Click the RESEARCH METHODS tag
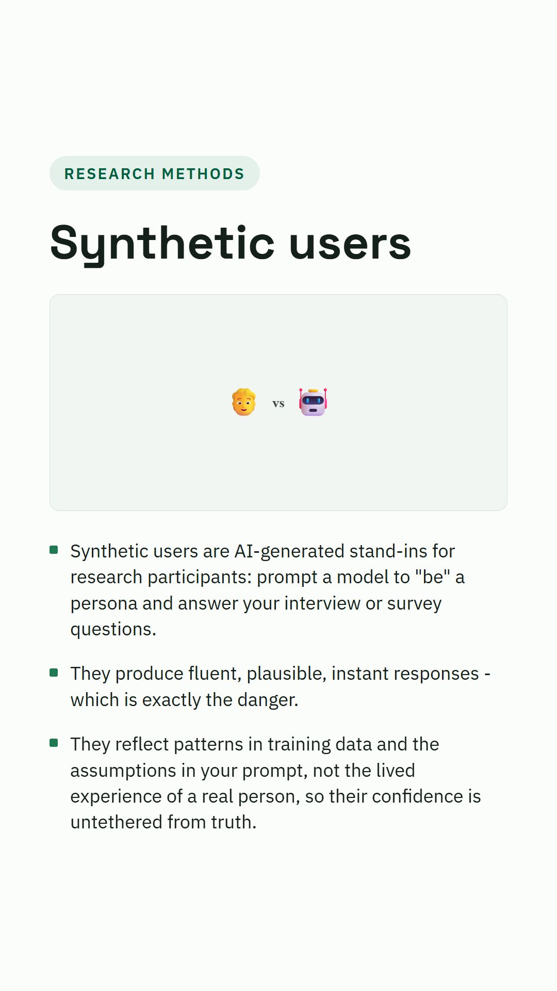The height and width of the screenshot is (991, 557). (x=154, y=173)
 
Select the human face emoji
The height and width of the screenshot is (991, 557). (x=244, y=402)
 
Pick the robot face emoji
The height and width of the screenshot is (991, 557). (x=313, y=402)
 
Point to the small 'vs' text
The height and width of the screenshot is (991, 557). (x=278, y=404)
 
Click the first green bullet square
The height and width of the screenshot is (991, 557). (x=54, y=550)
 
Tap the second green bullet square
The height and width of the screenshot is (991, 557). (x=54, y=672)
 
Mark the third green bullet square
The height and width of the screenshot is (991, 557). (x=54, y=743)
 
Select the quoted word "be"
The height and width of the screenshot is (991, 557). (x=433, y=577)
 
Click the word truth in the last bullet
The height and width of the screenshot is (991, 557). (x=234, y=822)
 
